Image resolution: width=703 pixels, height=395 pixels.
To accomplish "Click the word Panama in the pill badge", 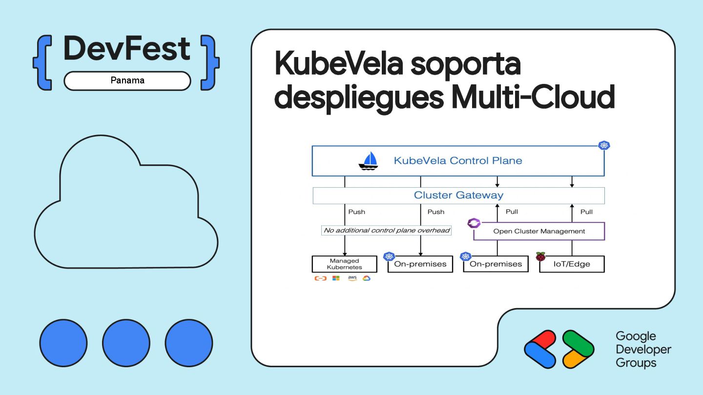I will (127, 80).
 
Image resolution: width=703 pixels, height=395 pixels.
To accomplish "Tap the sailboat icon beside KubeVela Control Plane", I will (369, 160).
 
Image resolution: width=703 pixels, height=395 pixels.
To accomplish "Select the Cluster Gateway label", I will (458, 196).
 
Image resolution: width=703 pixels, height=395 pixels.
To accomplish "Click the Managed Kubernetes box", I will (344, 264).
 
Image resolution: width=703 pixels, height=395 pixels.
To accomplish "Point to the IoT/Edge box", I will (572, 264).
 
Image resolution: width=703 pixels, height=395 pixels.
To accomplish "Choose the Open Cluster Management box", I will (539, 231).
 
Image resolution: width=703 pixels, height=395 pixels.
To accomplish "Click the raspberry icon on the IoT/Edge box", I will (540, 257).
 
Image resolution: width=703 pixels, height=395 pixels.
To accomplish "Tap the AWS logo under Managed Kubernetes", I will (352, 278).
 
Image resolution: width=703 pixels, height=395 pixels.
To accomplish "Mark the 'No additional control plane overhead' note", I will (386, 230).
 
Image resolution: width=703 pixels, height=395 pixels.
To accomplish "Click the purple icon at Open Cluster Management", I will (474, 223).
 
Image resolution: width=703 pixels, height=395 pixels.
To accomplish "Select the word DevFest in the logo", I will (127, 49).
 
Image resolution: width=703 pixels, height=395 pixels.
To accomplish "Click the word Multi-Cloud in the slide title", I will (533, 97).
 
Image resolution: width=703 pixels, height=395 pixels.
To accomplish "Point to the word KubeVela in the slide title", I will (338, 64).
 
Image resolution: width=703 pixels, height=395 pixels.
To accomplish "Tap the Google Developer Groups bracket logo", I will (559, 349).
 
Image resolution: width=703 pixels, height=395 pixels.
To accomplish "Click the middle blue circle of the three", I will (126, 343).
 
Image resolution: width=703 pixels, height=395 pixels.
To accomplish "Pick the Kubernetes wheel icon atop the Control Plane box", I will (604, 145).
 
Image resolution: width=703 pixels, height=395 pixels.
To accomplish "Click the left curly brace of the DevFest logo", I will (43, 62).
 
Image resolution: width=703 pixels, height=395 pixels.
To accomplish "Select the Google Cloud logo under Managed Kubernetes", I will (367, 278).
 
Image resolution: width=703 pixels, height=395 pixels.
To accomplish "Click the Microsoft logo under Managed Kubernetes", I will (336, 278).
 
